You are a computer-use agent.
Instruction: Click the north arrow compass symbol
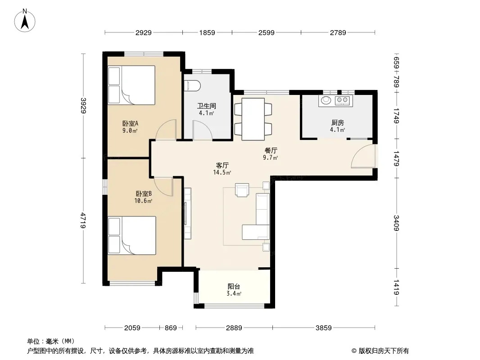(x=25, y=20)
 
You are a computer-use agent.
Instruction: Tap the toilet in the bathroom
(x=193, y=85)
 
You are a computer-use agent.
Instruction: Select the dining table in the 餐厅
(x=253, y=119)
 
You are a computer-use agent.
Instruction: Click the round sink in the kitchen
(x=326, y=100)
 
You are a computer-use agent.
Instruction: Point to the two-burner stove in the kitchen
(x=342, y=100)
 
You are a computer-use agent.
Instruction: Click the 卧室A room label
(x=131, y=124)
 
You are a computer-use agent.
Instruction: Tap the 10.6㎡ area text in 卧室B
(x=143, y=201)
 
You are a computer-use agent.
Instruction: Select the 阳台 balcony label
(x=234, y=287)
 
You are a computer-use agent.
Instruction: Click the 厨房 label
(x=338, y=123)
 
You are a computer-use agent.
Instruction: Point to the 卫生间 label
(x=207, y=106)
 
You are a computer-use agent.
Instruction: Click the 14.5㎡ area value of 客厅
(x=222, y=172)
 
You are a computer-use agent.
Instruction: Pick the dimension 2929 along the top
(x=144, y=32)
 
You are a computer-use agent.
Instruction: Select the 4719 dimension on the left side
(x=83, y=220)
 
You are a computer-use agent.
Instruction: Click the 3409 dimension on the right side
(x=396, y=223)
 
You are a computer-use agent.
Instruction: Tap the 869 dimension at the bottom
(x=171, y=328)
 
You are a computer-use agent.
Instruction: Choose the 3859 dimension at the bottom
(x=324, y=328)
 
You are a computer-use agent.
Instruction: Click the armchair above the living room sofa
(x=242, y=189)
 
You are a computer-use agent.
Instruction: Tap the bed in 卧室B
(x=132, y=235)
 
